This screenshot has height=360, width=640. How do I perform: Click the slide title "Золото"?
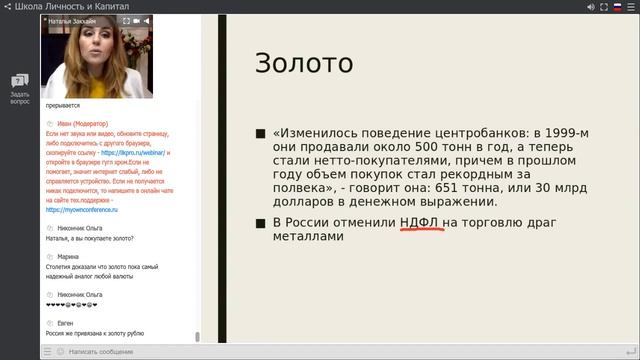tap(303, 63)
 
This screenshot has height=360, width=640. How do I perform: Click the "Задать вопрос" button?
tap(20, 88)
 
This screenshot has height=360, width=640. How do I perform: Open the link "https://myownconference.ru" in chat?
tap(81, 210)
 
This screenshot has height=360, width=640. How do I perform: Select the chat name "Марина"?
tap(68, 256)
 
